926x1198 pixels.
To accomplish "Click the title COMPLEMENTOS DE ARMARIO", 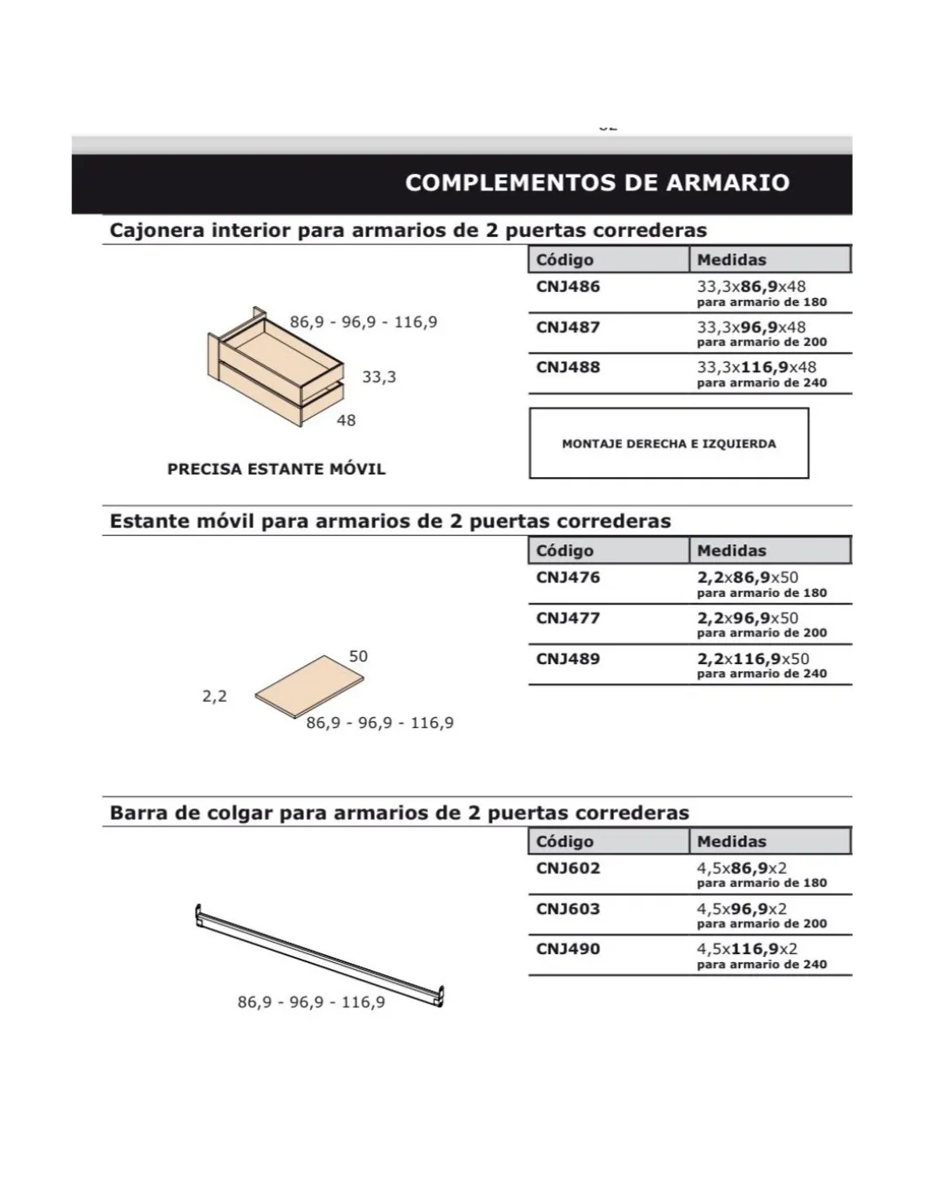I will tap(598, 183).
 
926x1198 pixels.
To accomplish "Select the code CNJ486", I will tap(568, 287).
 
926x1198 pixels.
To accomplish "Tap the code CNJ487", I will tap(568, 328).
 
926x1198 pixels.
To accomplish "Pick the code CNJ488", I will tap(568, 368).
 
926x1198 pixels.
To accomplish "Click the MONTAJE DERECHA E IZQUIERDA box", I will tap(668, 443).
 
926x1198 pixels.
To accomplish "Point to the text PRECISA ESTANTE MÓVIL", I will tap(276, 469).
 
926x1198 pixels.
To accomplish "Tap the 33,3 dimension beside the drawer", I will tap(379, 377).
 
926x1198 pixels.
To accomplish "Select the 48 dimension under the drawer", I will tap(346, 420).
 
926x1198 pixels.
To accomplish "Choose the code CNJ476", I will tap(568, 578).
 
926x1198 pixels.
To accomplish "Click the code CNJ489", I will tap(568, 659).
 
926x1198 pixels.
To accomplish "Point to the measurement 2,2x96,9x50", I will tap(747, 618).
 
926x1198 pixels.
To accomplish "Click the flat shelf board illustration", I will tap(310, 687).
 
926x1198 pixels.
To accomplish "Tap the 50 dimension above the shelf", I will tap(358, 656).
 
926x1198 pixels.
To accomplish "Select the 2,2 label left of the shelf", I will tap(214, 696).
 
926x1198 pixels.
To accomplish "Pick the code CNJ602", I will tap(568, 869).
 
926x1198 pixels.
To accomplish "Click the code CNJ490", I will tap(568, 949).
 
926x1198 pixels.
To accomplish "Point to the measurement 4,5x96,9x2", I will tap(742, 909).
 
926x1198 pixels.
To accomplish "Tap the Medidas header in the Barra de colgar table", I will tap(731, 841).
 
